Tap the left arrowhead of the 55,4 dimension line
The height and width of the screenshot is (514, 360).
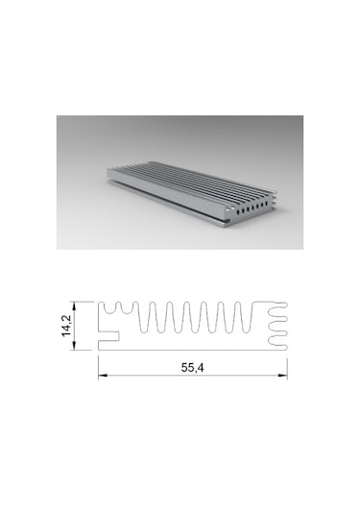click(x=101, y=376)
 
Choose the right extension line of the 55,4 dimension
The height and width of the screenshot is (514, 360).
click(x=288, y=363)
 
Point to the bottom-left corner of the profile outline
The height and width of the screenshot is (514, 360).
click(x=98, y=351)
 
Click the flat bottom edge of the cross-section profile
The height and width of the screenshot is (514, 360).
click(x=192, y=351)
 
